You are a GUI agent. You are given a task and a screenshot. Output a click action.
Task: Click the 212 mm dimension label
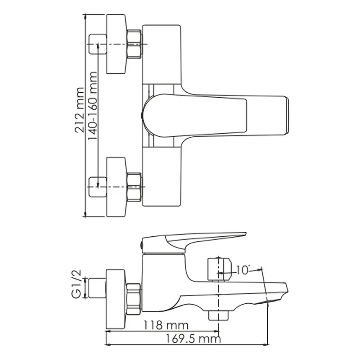pos(80,110)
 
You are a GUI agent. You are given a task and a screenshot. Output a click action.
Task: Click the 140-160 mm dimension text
pos(93,106)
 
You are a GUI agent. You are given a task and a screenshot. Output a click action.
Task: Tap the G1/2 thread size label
pos(76,284)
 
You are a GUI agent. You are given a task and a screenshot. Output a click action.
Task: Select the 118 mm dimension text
pos(166,325)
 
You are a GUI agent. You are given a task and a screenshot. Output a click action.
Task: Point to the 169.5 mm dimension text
pos(193,339)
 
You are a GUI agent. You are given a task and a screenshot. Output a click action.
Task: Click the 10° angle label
pos(243,270)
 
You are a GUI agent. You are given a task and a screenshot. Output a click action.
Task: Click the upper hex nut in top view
pos(134,44)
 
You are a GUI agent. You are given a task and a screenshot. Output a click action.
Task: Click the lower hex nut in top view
pos(134,187)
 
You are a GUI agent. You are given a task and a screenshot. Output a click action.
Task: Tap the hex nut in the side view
pos(133,299)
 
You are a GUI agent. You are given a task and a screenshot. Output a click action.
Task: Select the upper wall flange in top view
pos(116,44)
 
